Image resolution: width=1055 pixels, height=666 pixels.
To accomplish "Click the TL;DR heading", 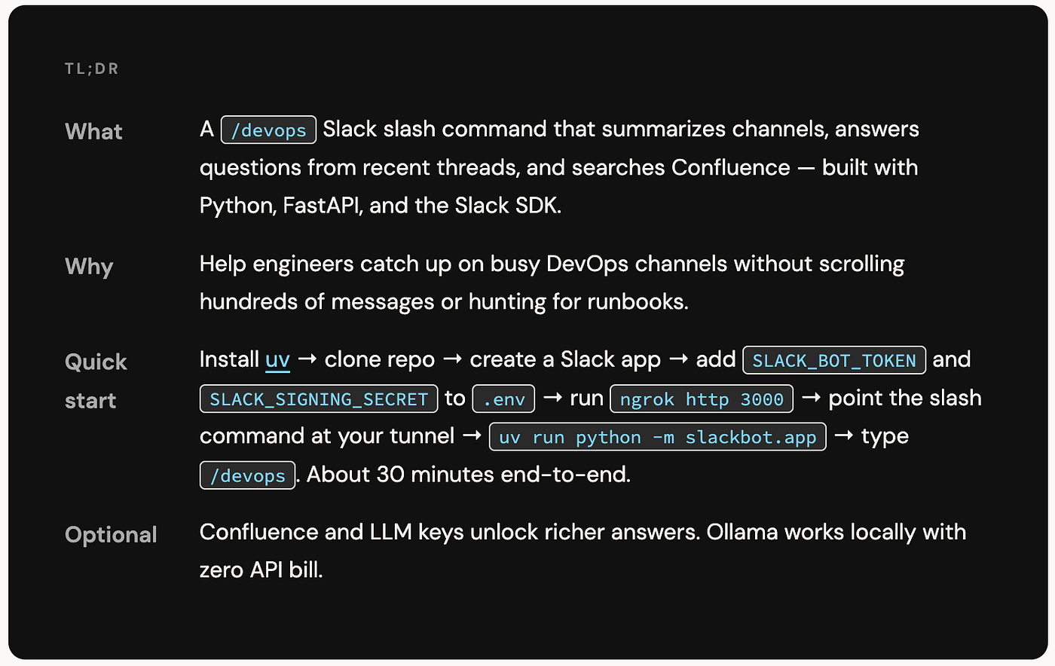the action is click(91, 69).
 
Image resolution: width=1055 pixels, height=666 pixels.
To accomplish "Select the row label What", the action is click(93, 131).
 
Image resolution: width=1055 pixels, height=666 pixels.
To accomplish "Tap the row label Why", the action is click(89, 267).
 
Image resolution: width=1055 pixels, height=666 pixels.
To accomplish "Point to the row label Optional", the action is click(111, 535).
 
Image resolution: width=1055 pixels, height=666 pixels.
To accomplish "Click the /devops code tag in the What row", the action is click(268, 130).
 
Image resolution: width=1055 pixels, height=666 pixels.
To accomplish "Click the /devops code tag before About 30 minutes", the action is click(247, 475).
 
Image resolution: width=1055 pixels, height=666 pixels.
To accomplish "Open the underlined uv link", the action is click(277, 360).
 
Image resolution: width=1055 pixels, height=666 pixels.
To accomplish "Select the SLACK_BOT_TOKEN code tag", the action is click(834, 360).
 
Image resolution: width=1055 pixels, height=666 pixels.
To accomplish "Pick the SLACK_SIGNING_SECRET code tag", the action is click(319, 399).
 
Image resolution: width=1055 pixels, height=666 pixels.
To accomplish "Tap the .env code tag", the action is click(503, 399).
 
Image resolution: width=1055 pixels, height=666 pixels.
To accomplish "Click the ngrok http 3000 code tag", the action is click(702, 399).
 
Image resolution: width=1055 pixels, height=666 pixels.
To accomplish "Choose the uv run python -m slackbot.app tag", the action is click(657, 437).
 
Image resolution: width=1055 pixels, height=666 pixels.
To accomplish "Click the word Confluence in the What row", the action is click(730, 167).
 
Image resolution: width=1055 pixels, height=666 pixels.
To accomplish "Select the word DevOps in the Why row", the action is click(587, 264).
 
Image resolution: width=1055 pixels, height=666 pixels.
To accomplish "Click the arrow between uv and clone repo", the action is click(307, 359).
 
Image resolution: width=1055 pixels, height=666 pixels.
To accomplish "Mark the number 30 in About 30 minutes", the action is click(390, 475).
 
